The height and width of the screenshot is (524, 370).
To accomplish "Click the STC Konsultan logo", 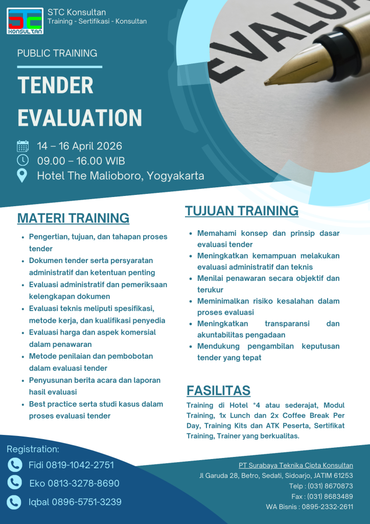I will pos(26,20).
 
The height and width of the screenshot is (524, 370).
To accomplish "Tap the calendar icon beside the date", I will pos(23,146).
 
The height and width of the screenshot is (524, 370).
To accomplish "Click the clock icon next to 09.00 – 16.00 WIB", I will pos(23,161).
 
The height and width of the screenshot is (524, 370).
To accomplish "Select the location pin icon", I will pos(22,176).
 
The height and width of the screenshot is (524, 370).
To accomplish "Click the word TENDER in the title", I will pos(55,85).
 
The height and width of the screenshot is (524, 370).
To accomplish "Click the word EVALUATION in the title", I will pos(80,117).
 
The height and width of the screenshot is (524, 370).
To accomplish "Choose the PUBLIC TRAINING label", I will pos(57,53).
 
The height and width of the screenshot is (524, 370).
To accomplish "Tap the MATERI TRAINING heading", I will pos(73,218).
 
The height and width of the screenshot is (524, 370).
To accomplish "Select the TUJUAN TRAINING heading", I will pos(242,211).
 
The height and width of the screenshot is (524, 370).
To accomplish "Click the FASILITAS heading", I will pos(218,390).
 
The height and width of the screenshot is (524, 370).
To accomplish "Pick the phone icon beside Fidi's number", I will pos(15,465).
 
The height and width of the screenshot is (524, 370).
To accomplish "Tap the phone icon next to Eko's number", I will pos(15,483).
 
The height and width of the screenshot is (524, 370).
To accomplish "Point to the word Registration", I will pos(33,449).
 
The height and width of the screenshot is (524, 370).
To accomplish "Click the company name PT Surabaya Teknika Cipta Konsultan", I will pos(295,465).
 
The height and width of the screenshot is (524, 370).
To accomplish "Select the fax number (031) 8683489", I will pos(330,496).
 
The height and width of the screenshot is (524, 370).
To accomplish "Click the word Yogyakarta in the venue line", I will pos(175,176).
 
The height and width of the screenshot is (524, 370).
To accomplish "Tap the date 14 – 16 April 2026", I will pos(80,146).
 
